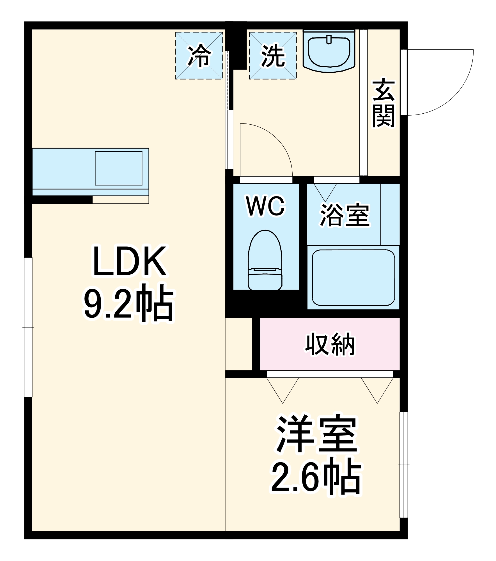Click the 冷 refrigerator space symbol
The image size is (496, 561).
click(x=199, y=56)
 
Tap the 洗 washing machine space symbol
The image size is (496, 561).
click(x=273, y=56)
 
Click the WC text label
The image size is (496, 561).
click(x=265, y=206)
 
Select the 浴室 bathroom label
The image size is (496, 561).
click(x=345, y=215)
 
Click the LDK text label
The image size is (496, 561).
click(x=129, y=261)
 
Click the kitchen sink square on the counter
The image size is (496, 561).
click(x=118, y=168)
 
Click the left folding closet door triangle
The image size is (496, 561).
click(x=283, y=389)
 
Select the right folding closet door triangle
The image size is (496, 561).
click(x=377, y=389)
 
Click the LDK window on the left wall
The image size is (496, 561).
click(x=28, y=327)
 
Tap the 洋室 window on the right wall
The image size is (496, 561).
click(x=403, y=464)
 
